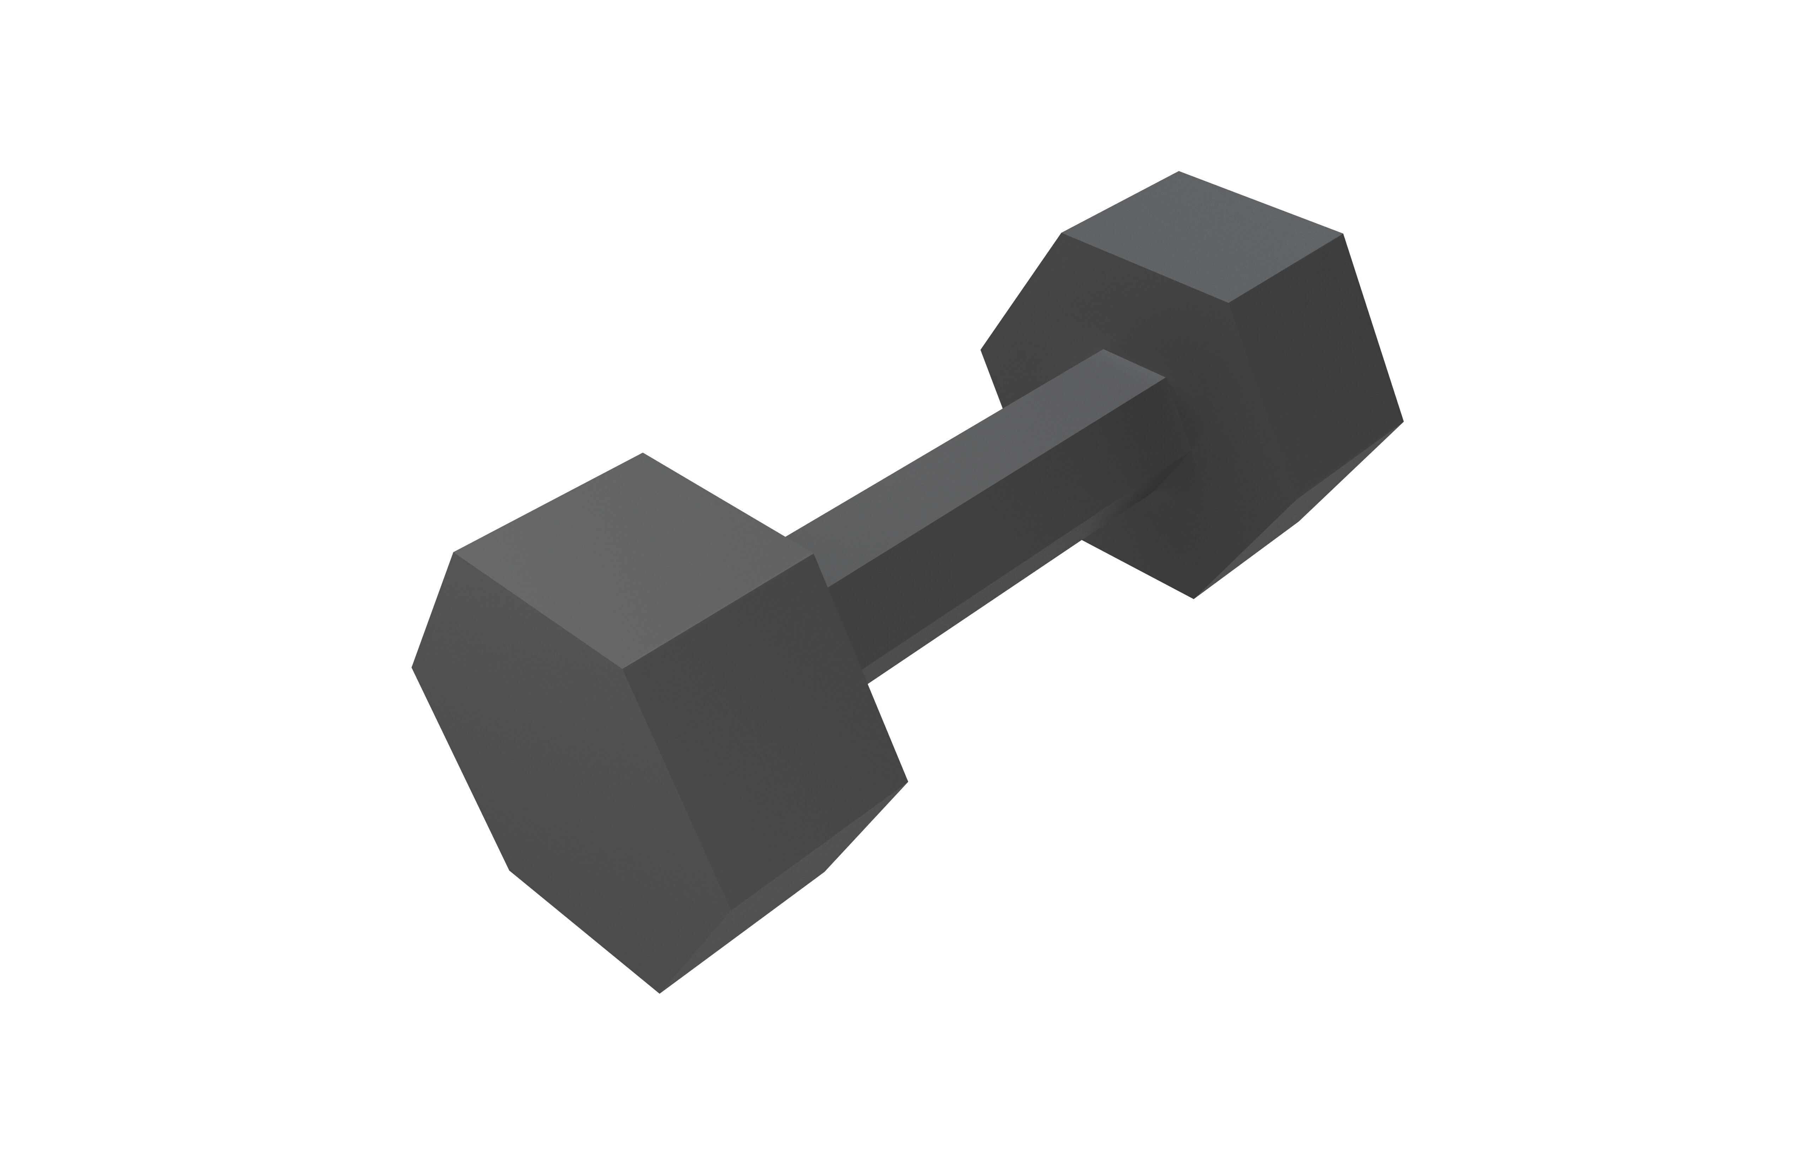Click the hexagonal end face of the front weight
560,764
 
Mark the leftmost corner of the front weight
412,667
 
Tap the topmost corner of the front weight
642,453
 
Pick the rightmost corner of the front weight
907,782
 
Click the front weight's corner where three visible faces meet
622,669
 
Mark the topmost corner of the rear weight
1179,172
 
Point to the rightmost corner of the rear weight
1403,422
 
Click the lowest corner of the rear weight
1193,598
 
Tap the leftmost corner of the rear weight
981,349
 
